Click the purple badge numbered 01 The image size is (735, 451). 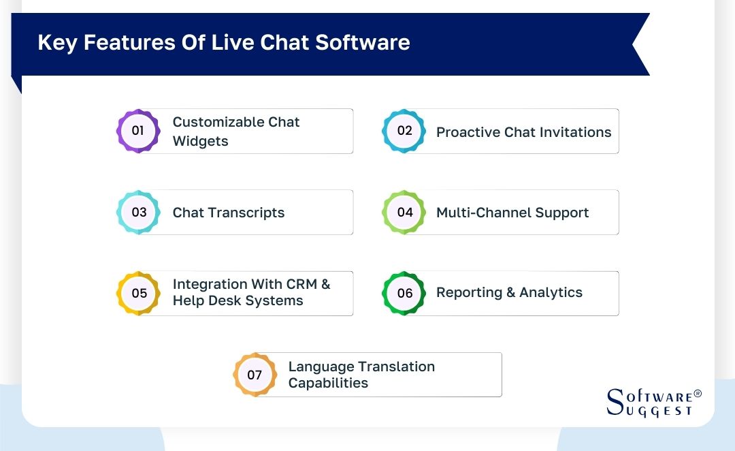(x=138, y=131)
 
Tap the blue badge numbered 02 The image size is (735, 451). (x=404, y=131)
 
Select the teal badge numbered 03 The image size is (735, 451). (x=138, y=212)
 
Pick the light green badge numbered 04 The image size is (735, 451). (x=404, y=212)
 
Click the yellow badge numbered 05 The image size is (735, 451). (x=138, y=294)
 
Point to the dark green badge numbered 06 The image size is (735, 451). (x=404, y=294)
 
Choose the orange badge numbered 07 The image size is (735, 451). (x=255, y=375)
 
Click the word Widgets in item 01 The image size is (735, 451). (x=200, y=141)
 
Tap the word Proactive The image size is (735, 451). (x=468, y=132)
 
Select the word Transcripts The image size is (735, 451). (x=246, y=213)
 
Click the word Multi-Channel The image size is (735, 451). (x=484, y=213)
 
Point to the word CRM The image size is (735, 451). (x=301, y=284)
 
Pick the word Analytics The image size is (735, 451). (x=551, y=292)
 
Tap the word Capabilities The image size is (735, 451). (x=328, y=383)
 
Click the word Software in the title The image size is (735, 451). (x=362, y=42)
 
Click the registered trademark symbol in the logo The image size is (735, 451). (x=698, y=394)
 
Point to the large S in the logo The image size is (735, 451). (x=615, y=402)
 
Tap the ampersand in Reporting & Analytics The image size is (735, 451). (x=510, y=292)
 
